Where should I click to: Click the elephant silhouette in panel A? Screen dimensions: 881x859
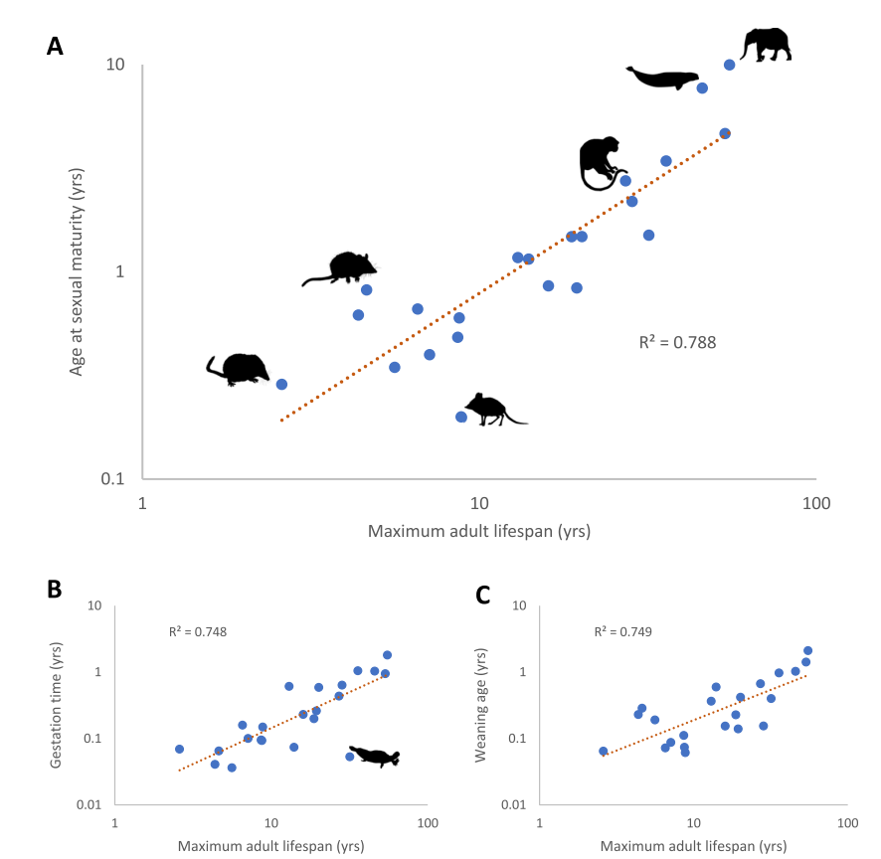767,45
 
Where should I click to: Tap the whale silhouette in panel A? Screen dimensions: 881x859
663,79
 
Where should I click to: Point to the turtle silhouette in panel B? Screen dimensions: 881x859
375,757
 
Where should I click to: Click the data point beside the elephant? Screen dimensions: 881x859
729,65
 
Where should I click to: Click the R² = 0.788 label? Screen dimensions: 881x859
677,342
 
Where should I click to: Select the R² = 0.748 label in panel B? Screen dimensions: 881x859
198,631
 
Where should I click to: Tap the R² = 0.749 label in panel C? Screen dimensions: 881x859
623,631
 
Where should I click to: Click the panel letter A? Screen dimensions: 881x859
55,46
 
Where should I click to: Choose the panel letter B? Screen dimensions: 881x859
54,589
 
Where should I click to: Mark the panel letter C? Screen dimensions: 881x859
482,595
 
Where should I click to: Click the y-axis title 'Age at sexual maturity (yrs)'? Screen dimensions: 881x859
77,271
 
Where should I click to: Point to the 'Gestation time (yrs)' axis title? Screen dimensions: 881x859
55,705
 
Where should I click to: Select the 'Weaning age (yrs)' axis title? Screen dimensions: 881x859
480,705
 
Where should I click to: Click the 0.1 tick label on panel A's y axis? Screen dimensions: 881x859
112,478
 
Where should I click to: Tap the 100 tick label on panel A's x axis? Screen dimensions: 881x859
815,503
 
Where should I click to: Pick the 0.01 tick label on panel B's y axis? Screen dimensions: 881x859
88,804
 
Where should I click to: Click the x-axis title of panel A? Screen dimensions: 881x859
479,531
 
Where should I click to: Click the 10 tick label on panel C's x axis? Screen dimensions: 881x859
694,823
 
